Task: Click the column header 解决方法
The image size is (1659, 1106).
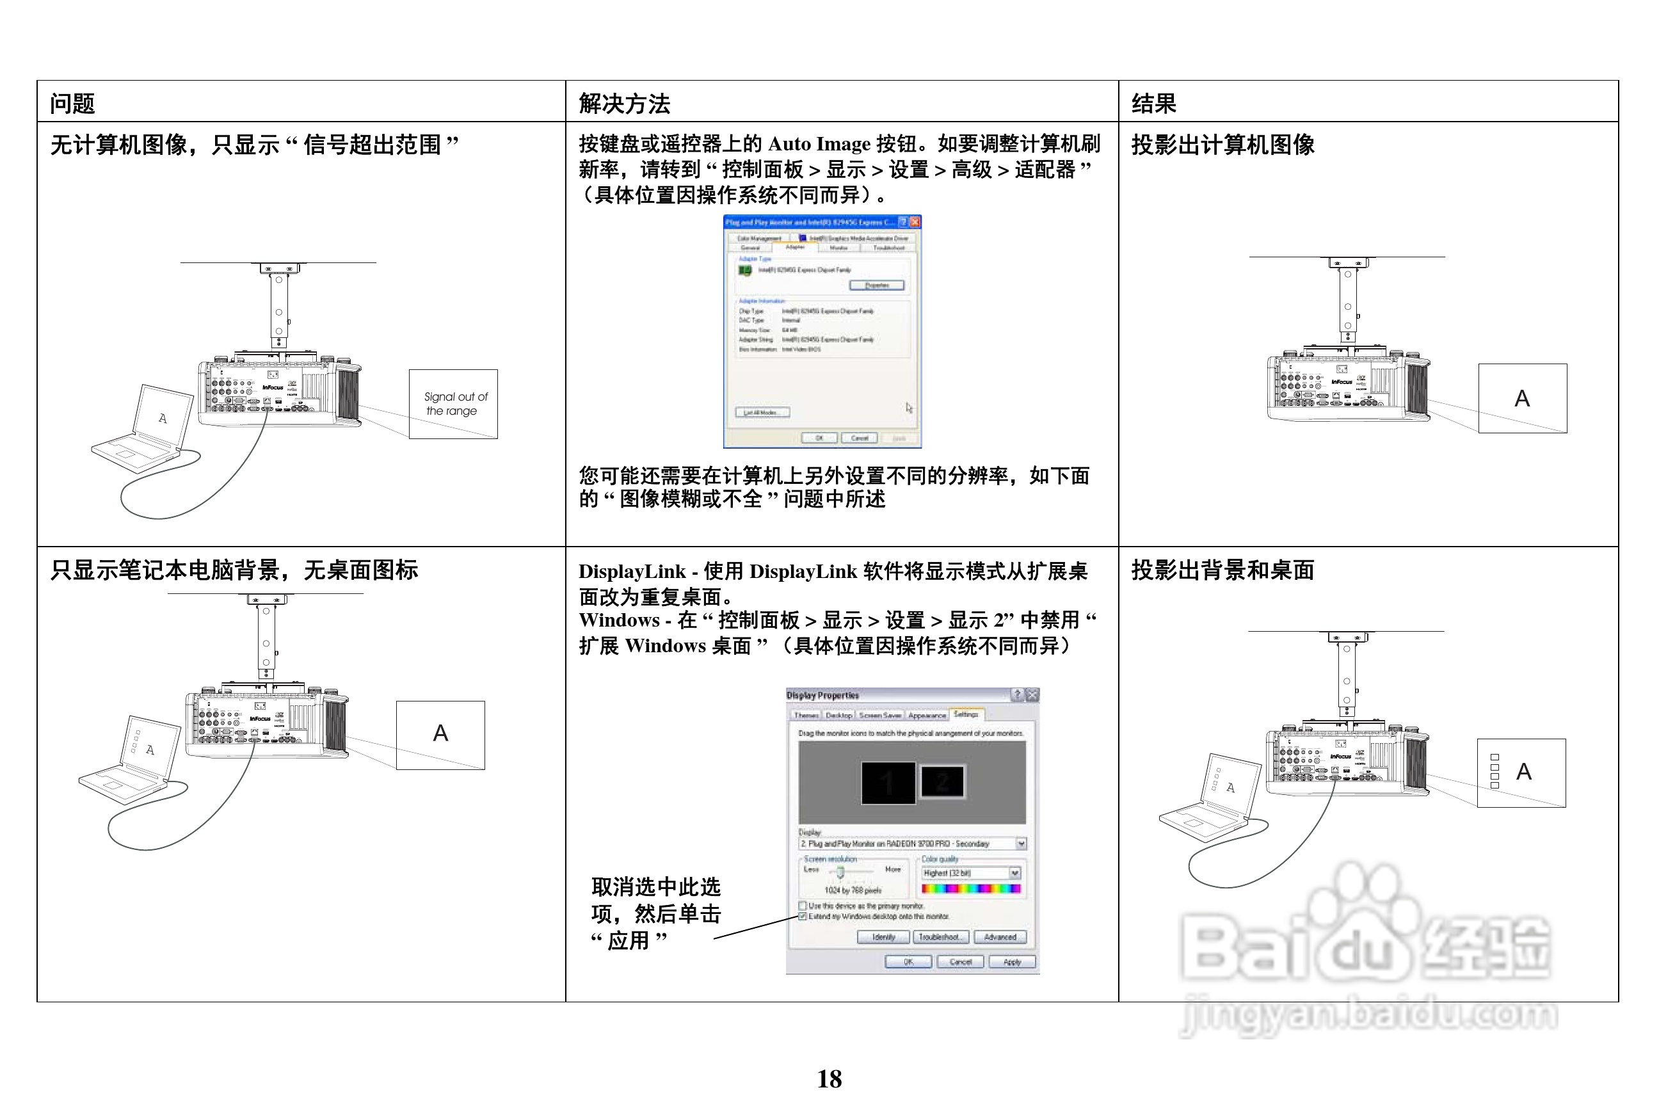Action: click(x=623, y=104)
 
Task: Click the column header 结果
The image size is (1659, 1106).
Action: click(x=1153, y=104)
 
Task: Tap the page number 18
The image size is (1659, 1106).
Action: click(x=829, y=1078)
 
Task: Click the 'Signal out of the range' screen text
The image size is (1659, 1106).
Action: click(x=454, y=403)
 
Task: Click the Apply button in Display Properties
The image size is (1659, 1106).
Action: click(x=1011, y=962)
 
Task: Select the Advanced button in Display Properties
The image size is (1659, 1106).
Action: click(x=1000, y=938)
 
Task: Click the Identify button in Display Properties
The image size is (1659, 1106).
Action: click(x=883, y=938)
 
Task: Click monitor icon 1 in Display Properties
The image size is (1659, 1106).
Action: click(x=888, y=782)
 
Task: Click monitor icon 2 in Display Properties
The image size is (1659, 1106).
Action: click(x=942, y=781)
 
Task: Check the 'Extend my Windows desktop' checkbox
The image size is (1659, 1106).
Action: click(x=802, y=917)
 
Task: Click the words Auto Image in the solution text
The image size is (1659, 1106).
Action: click(x=818, y=144)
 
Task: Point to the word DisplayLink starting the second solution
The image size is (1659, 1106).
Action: click(x=631, y=572)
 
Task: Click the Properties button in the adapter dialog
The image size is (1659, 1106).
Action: click(x=876, y=285)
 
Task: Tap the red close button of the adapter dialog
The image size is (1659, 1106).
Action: click(x=915, y=221)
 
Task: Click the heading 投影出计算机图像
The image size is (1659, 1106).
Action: click(x=1222, y=145)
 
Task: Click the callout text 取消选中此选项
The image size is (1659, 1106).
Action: click(x=655, y=887)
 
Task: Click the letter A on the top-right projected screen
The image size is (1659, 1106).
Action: click(x=1521, y=399)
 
